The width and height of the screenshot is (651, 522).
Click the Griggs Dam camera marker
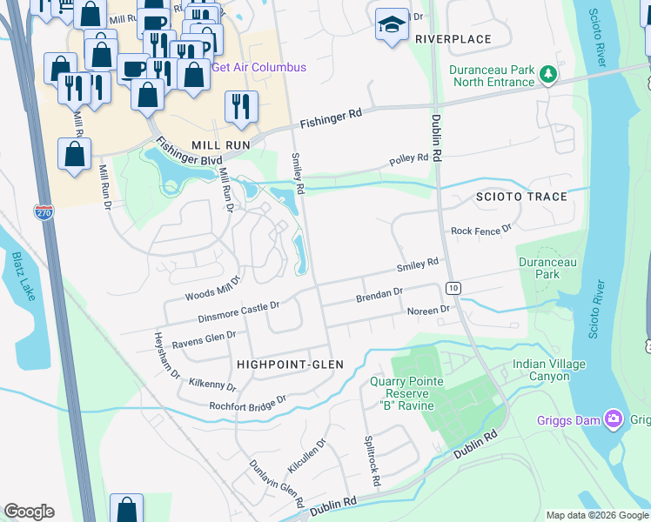[614, 420]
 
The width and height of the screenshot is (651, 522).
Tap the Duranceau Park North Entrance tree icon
[547, 76]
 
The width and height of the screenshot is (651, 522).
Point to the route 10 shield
[453, 288]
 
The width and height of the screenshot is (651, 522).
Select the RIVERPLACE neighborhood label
[453, 39]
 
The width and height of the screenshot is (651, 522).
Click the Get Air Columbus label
[259, 67]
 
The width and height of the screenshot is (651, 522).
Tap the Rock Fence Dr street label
[481, 231]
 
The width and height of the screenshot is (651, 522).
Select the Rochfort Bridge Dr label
[247, 403]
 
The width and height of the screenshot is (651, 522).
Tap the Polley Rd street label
[409, 160]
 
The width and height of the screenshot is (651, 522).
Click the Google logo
[29, 512]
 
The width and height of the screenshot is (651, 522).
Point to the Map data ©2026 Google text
[597, 515]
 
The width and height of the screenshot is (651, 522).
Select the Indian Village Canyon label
[548, 370]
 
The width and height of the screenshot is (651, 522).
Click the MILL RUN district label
[221, 144]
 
